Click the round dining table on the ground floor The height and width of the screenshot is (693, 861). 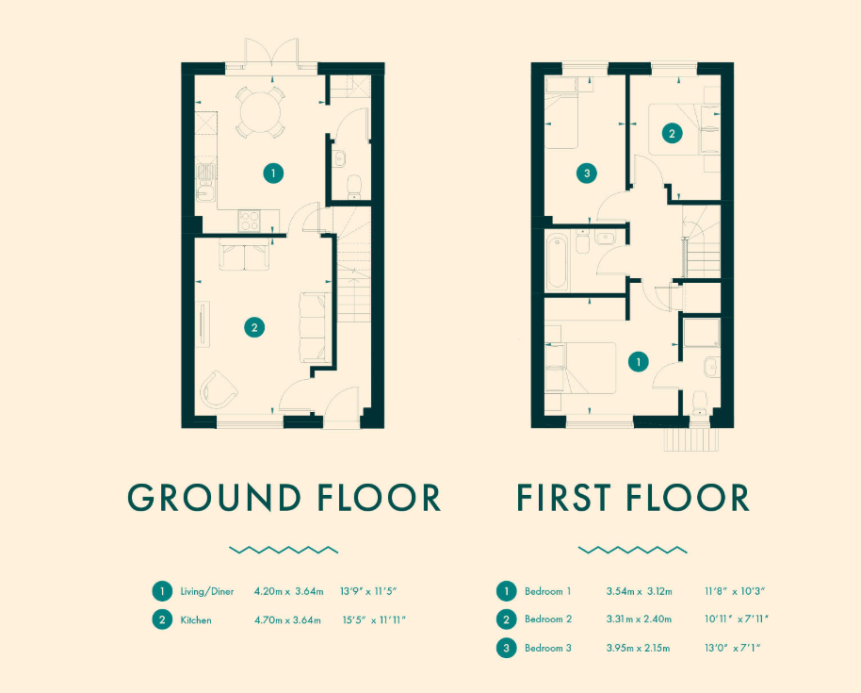[x=260, y=112]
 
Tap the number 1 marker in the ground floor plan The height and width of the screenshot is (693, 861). [x=273, y=173]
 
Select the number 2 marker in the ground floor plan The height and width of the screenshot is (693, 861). [x=254, y=327]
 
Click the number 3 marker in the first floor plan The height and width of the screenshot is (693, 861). [x=587, y=173]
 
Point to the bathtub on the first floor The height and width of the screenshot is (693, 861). [x=556, y=261]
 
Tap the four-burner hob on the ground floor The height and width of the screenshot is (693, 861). [x=250, y=220]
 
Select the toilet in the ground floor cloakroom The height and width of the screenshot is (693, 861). [x=354, y=187]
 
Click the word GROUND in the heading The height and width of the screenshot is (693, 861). [x=214, y=498]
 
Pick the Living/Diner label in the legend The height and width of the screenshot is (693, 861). [x=207, y=592]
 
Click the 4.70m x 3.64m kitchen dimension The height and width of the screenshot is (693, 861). [x=287, y=620]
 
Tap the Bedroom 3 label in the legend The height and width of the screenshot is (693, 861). [x=548, y=648]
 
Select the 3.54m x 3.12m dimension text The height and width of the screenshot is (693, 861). [x=640, y=592]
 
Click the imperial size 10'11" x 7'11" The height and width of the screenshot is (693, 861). [x=737, y=619]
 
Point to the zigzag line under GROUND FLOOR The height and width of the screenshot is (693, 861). [x=284, y=550]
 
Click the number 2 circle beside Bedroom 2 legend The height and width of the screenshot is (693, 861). [x=506, y=619]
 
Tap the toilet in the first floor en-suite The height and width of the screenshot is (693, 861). [x=700, y=403]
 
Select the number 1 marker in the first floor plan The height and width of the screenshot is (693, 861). [x=639, y=362]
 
